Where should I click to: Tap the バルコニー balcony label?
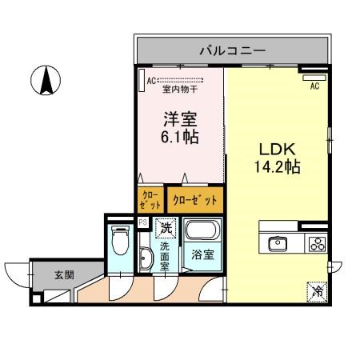click(232, 51)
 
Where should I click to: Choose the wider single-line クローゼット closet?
click(194, 198)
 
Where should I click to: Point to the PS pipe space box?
click(142, 222)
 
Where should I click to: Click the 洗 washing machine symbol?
click(166, 228)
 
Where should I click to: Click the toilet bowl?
click(121, 239)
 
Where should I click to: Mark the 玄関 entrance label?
click(64, 274)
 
